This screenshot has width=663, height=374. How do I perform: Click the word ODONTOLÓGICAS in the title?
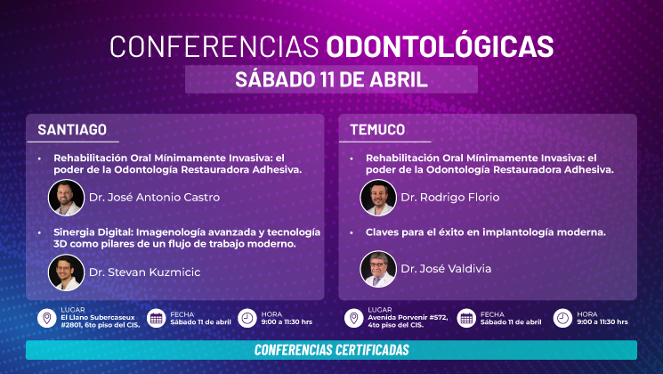tap(440, 45)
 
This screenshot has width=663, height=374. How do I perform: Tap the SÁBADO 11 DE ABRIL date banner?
tap(331, 78)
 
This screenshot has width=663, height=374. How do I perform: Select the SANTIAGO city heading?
tap(72, 129)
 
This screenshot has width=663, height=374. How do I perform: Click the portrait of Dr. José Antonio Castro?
tap(66, 198)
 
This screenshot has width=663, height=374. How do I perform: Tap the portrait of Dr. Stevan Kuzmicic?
tap(66, 272)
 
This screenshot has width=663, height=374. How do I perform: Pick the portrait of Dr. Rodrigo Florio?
tap(377, 198)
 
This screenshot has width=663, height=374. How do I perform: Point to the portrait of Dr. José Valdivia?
tap(377, 268)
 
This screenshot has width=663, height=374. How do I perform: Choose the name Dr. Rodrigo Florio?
tap(449, 198)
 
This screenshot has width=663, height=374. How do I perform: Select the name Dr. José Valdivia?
tap(446, 268)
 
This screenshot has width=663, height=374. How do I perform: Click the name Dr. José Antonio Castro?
tap(153, 198)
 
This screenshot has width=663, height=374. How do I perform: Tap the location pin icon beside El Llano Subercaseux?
tap(45, 318)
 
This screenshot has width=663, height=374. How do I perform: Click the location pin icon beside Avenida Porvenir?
tap(353, 318)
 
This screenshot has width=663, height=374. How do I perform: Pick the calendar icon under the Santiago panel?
tap(155, 318)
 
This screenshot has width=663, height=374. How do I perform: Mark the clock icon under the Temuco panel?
tap(562, 318)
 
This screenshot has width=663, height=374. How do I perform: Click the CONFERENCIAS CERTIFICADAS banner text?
tap(331, 350)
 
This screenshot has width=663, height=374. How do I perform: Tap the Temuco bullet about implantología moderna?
tap(485, 232)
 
